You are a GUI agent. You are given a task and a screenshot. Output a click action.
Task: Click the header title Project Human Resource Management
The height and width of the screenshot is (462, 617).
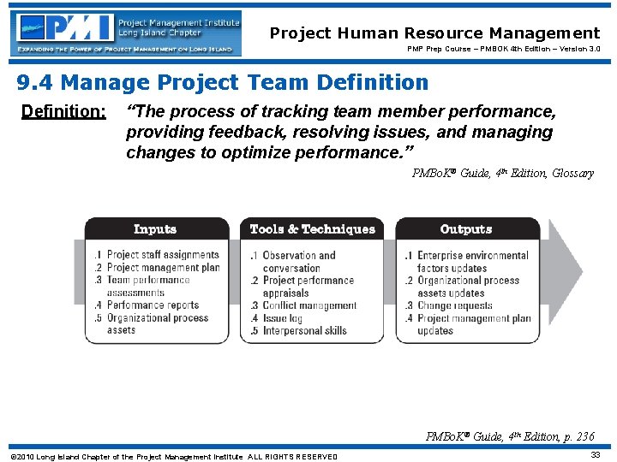[434, 33]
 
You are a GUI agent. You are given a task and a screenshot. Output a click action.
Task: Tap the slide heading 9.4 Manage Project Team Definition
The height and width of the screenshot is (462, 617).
[223, 83]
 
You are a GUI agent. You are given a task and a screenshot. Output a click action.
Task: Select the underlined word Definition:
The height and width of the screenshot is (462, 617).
[63, 112]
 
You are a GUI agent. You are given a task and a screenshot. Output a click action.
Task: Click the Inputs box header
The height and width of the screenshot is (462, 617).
[155, 229]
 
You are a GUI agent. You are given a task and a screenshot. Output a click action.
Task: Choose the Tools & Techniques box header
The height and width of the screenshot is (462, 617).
[312, 229]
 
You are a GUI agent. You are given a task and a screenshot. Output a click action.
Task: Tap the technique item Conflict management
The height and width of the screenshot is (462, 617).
[308, 305]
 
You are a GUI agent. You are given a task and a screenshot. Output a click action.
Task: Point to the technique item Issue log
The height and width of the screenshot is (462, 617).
[284, 318]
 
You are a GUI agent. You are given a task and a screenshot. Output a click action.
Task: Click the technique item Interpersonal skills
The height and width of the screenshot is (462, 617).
[304, 330]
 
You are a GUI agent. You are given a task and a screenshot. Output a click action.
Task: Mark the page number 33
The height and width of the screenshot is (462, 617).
[595, 455]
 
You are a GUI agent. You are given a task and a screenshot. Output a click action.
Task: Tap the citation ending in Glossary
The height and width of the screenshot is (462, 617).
[502, 174]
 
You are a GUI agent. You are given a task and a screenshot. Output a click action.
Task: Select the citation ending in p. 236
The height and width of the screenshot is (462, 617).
[509, 436]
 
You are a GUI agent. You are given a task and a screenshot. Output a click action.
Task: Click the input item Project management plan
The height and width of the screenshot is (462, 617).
[162, 268]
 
